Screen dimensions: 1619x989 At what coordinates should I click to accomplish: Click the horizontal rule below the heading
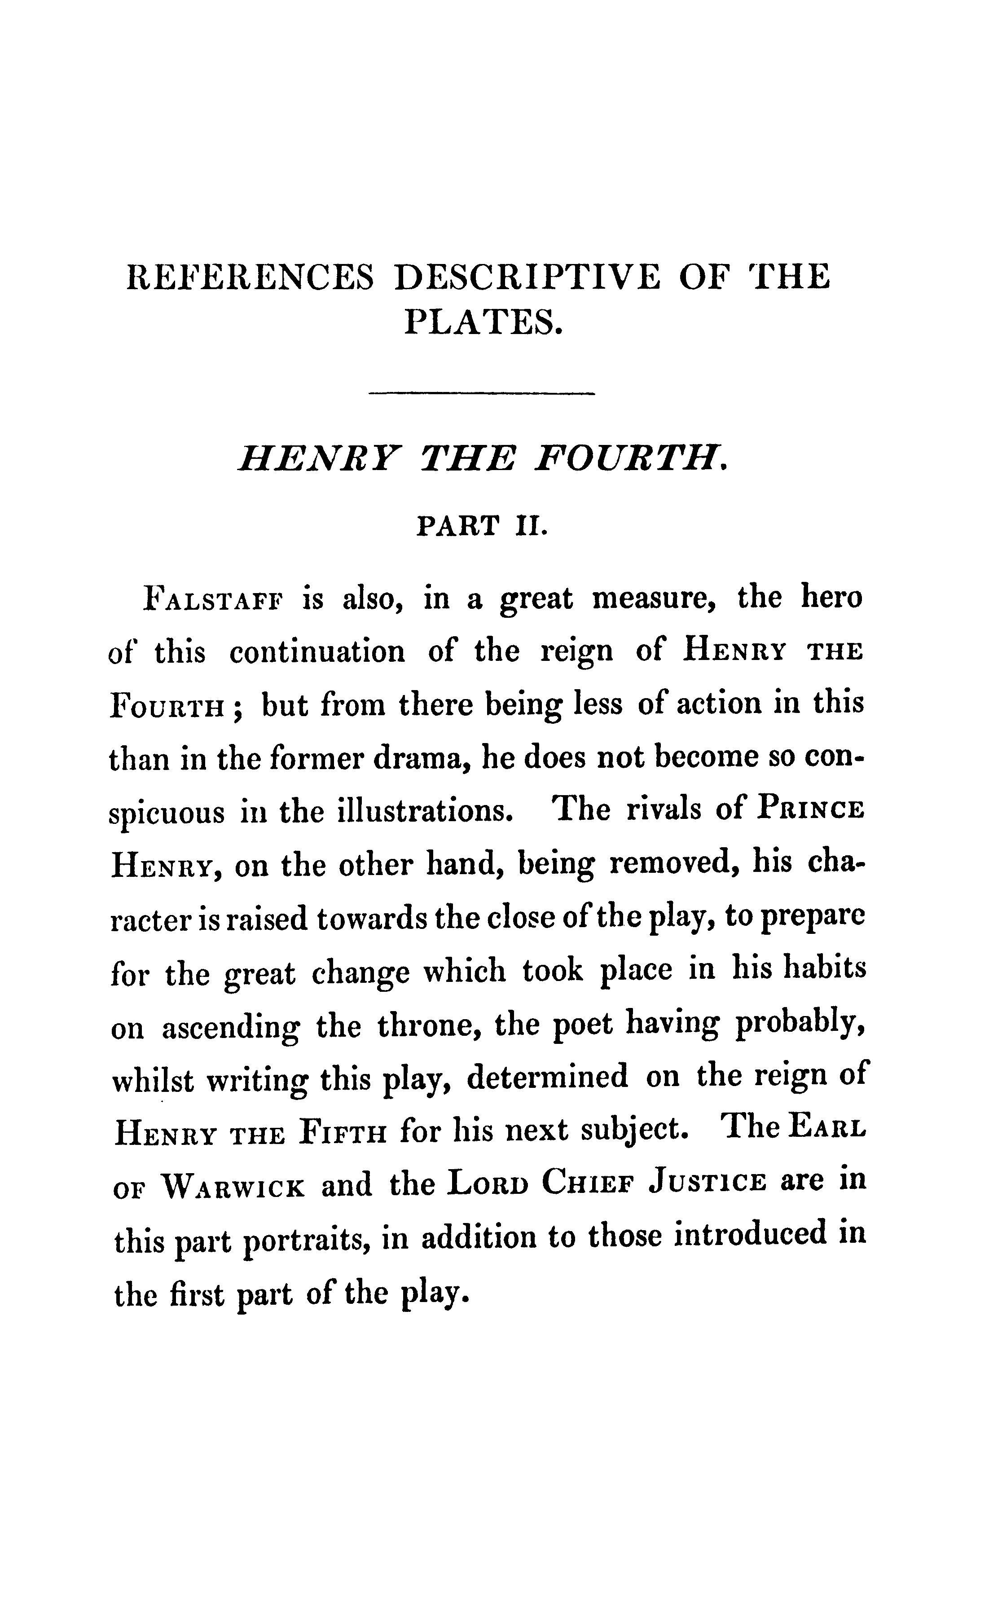[x=482, y=394]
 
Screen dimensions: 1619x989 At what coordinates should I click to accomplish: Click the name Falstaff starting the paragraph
[x=211, y=600]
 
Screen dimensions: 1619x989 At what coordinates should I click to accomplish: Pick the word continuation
[x=317, y=652]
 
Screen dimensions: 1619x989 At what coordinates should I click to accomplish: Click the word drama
[x=422, y=759]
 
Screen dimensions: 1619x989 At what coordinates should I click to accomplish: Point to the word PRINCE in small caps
[x=810, y=810]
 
